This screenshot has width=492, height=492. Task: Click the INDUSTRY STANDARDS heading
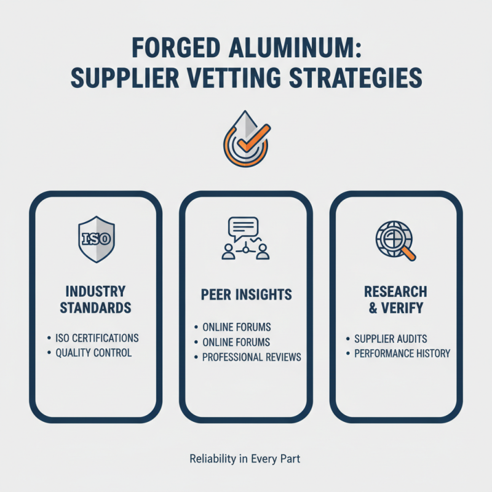(95, 299)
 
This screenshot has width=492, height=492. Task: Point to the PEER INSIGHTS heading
(245, 295)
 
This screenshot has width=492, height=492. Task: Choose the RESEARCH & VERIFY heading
(396, 299)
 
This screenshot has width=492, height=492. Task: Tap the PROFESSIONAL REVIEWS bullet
(252, 357)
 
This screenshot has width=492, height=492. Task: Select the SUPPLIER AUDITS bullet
(391, 339)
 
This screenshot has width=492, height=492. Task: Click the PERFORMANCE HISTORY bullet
(402, 354)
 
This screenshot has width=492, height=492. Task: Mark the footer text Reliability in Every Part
(246, 458)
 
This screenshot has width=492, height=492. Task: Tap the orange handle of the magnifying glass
(408, 253)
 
